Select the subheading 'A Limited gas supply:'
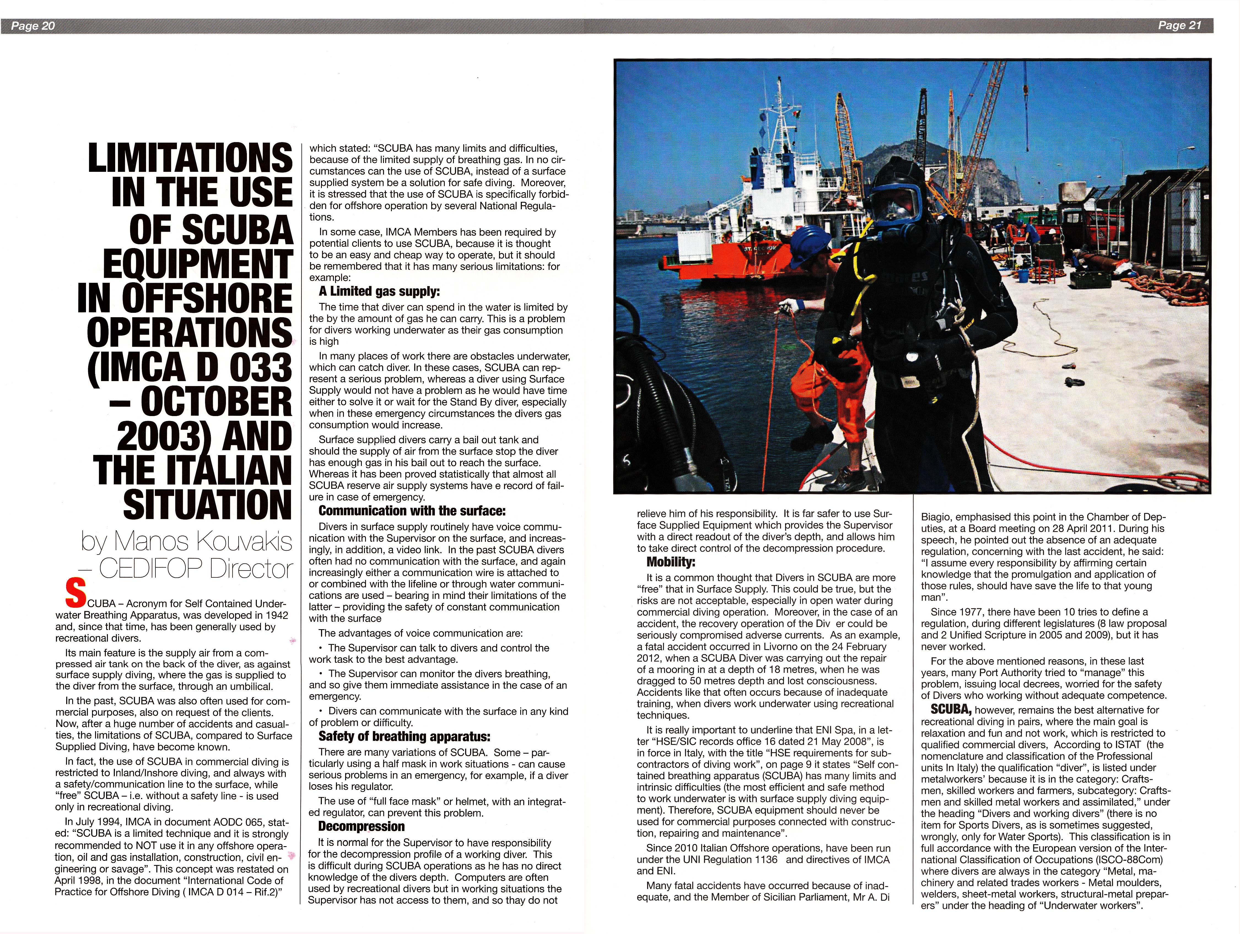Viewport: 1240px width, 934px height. click(x=379, y=291)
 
